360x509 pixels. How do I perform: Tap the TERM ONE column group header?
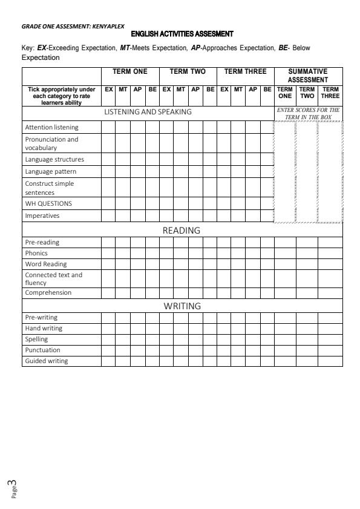point(129,71)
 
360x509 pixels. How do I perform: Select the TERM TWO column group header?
point(188,71)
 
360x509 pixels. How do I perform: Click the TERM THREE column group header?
point(245,71)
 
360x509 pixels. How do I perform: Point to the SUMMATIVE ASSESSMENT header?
point(308,75)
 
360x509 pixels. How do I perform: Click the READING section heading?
point(182,231)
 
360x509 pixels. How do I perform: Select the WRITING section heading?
point(182,306)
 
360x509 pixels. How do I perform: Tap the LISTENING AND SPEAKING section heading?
point(148,112)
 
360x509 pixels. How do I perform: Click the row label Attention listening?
point(51,128)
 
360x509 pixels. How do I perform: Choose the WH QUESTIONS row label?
point(48,203)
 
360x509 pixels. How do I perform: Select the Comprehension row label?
point(48,293)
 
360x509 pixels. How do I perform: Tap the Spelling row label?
point(36,340)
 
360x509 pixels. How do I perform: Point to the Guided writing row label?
point(47,361)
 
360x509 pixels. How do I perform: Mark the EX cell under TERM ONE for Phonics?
point(108,253)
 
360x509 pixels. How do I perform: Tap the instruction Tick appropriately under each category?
point(62,94)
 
